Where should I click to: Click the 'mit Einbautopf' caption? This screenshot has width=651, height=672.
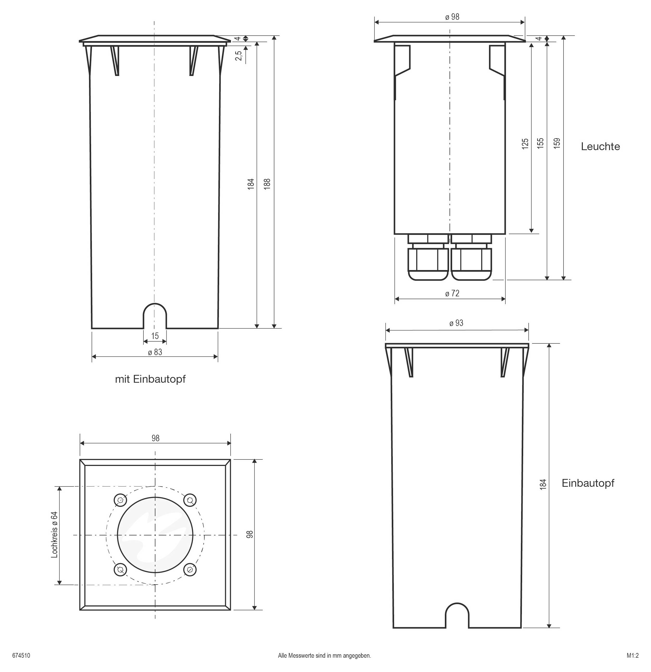pos(150,379)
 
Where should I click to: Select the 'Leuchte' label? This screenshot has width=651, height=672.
pos(600,147)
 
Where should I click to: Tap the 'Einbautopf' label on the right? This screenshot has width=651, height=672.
pos(587,483)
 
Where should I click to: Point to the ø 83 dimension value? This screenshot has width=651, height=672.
pos(155,352)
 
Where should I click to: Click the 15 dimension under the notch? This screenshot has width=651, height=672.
pos(155,336)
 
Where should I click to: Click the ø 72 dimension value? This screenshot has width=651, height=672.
pos(452,293)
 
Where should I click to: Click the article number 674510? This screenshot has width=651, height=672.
pos(21,656)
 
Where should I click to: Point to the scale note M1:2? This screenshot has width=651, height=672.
pos(633,656)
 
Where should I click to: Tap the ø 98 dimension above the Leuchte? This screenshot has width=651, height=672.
pos(452,17)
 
